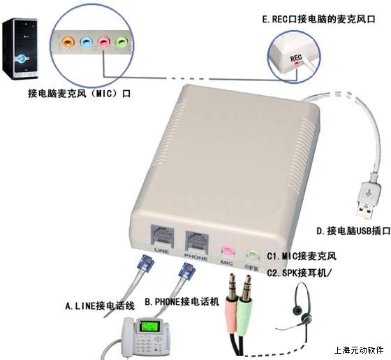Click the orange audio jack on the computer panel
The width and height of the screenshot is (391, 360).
(68, 41)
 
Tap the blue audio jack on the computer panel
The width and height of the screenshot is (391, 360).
(86, 42)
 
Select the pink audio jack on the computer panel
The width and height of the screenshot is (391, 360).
(104, 41)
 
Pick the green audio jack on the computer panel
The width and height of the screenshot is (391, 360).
(122, 41)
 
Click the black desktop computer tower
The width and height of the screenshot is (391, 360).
(20, 48)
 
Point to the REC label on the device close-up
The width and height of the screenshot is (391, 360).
(296, 59)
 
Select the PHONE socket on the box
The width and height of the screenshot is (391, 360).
(197, 240)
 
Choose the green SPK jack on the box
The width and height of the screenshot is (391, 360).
(253, 254)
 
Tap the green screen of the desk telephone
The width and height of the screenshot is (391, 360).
(149, 326)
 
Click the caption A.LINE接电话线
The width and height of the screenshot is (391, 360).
(100, 306)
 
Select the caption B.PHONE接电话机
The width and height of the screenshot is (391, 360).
(182, 302)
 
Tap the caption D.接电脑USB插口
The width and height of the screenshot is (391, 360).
(353, 231)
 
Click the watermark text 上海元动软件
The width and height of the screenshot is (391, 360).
(359, 350)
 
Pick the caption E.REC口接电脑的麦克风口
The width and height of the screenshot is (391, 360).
(318, 20)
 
